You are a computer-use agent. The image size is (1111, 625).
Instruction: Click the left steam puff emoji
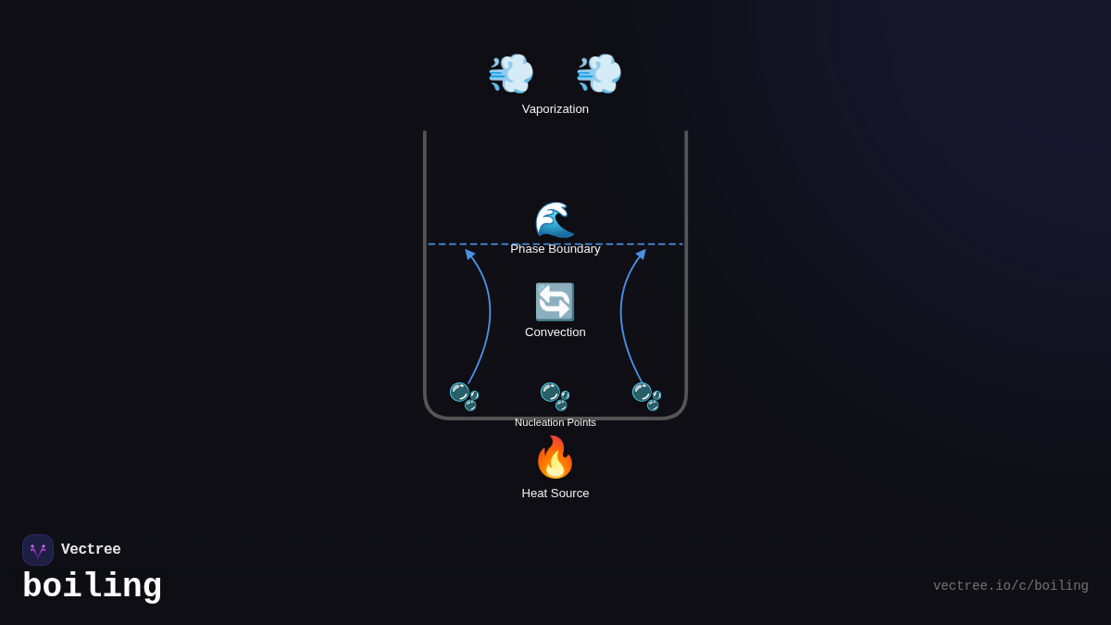pos(511,73)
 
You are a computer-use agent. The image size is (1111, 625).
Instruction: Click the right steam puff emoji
pos(599,73)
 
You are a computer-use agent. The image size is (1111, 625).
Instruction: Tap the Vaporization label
pos(555,109)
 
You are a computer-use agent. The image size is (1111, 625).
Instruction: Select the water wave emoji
pos(555,220)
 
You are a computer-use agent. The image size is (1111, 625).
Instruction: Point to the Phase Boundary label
pos(555,249)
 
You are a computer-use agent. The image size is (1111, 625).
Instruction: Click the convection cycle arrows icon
pos(555,302)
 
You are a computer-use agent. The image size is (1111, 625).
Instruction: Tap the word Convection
pos(555,332)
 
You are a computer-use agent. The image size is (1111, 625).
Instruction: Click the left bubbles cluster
pos(464,396)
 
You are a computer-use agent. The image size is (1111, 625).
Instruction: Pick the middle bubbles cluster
pos(555,396)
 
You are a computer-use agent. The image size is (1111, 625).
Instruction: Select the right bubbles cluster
pos(646,396)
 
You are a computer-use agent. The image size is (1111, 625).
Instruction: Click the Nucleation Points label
pos(555,422)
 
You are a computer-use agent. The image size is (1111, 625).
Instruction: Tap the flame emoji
pos(555,457)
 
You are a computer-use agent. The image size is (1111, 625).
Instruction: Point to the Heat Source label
pos(555,494)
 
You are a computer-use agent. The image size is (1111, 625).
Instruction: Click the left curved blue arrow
pos(485,315)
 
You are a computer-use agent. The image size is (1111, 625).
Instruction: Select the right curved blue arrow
pos(623,315)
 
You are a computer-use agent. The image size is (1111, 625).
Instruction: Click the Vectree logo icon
pos(38,550)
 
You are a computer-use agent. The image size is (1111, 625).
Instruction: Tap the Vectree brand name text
pos(91,550)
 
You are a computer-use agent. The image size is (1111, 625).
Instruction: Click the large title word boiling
pos(92,587)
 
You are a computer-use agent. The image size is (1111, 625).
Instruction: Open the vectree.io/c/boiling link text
pos(1010,586)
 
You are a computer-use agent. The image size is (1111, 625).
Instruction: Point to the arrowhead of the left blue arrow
pos(469,254)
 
